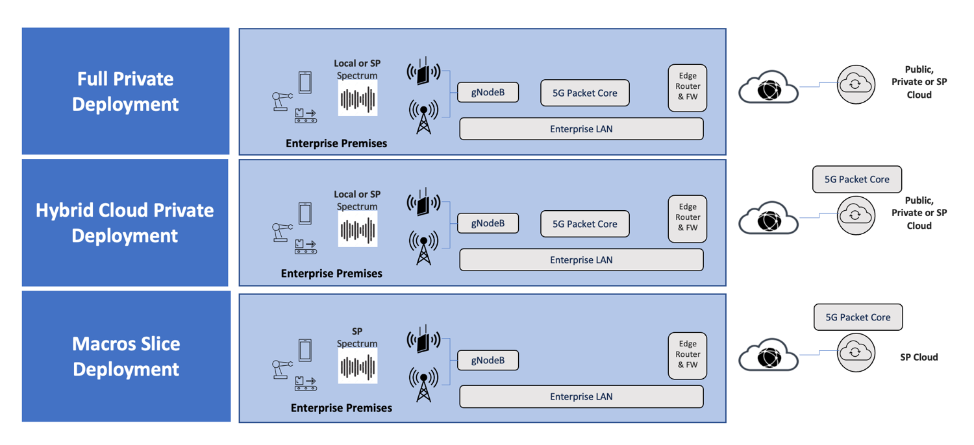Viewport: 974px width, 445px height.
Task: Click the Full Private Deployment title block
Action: pyautogui.click(x=125, y=91)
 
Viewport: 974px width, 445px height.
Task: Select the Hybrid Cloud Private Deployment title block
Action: pyautogui.click(x=125, y=222)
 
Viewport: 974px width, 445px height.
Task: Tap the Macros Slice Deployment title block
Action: pyautogui.click(x=126, y=356)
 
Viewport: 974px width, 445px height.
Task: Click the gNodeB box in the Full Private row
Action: pyautogui.click(x=488, y=92)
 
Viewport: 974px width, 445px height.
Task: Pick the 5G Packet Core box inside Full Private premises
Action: pyautogui.click(x=584, y=93)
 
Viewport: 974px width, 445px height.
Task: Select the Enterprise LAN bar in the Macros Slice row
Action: pyautogui.click(x=581, y=396)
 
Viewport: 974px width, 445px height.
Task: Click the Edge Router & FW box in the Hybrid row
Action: pyautogui.click(x=687, y=217)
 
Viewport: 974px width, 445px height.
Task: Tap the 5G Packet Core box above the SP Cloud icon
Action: pyautogui.click(x=858, y=317)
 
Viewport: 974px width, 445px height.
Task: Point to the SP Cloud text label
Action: pyautogui.click(x=918, y=357)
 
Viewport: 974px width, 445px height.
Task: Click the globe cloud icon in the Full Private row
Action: pyautogui.click(x=768, y=88)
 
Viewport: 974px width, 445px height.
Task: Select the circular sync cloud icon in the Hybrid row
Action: pyautogui.click(x=855, y=215)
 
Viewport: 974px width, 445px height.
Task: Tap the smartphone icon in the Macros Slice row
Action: pyautogui.click(x=305, y=350)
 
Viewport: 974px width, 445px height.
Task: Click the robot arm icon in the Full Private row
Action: pyautogui.click(x=281, y=101)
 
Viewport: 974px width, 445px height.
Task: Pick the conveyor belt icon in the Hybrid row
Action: pyautogui.click(x=305, y=247)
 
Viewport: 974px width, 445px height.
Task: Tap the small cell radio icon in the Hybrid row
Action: pyautogui.click(x=423, y=203)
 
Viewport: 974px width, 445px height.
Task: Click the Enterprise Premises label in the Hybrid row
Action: pyautogui.click(x=331, y=274)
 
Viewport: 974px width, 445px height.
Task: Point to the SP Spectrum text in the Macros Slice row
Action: pyautogui.click(x=357, y=337)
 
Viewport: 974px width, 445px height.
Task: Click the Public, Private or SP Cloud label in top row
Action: pyautogui.click(x=919, y=82)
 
